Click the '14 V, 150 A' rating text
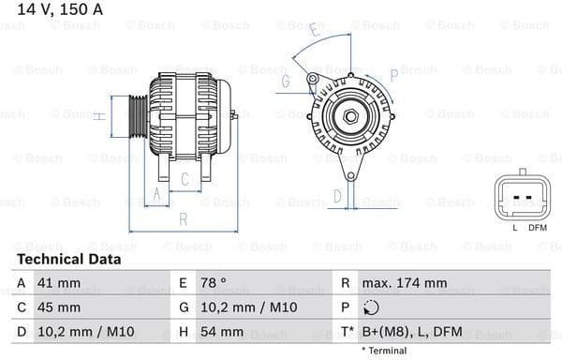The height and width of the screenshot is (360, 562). point(58,11)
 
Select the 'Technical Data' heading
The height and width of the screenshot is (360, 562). point(68,259)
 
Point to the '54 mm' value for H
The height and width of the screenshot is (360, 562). point(222,332)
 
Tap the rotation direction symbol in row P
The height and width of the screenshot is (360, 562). point(371,307)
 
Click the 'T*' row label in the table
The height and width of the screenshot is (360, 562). point(348,332)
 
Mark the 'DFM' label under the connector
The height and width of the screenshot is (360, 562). point(537,228)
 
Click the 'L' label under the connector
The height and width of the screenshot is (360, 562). point(514,228)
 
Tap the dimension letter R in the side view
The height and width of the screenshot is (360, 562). point(184,219)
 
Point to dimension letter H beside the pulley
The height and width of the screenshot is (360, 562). point(98,116)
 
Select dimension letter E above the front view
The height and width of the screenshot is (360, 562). point(314,34)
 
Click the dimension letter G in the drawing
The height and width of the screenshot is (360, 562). point(284,82)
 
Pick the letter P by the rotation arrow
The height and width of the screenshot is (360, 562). point(393,73)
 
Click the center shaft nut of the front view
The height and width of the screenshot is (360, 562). point(349,117)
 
